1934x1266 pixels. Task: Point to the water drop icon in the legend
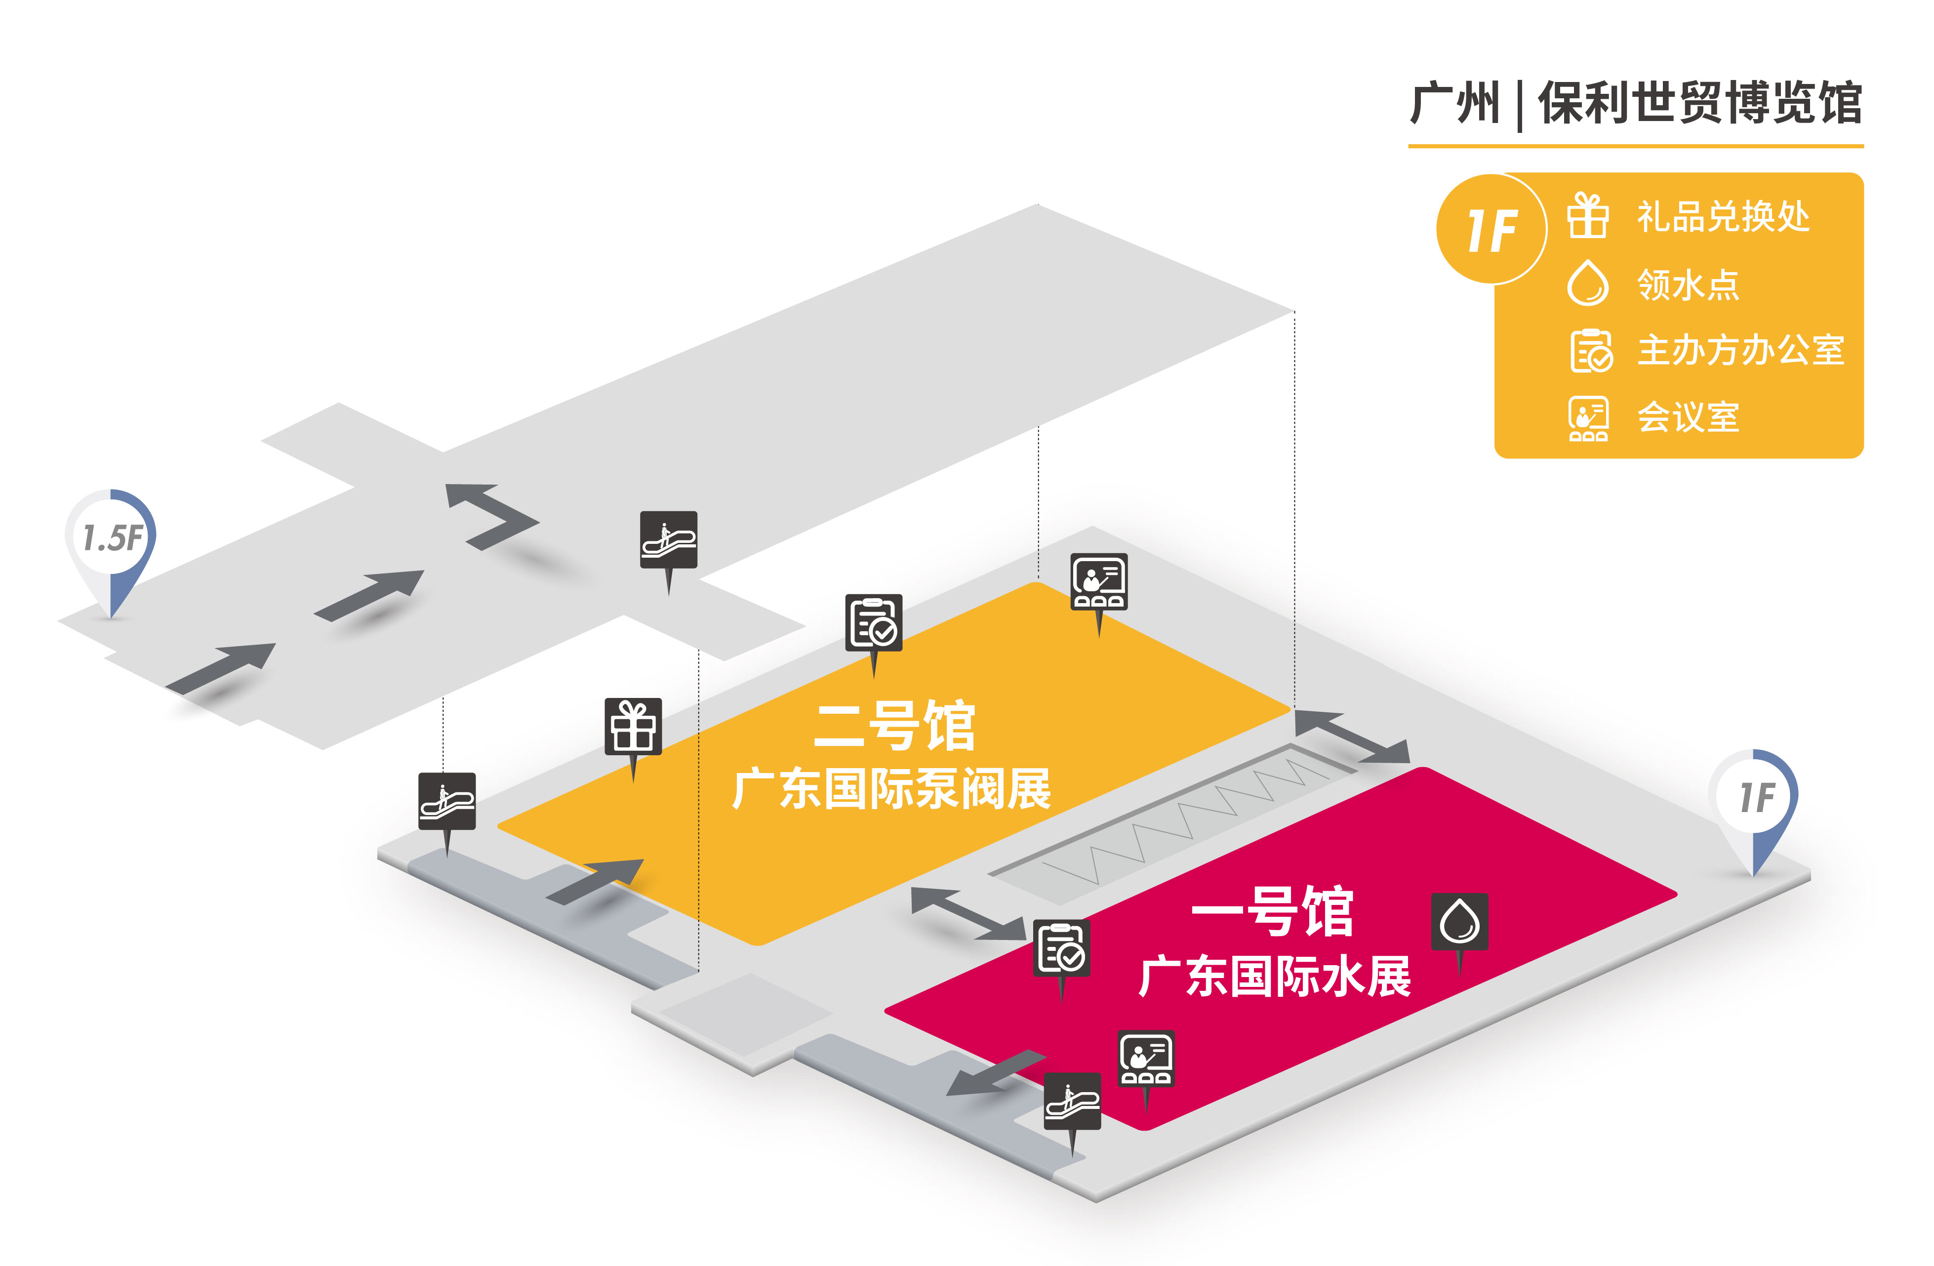[1587, 283]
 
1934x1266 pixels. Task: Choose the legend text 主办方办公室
[1740, 350]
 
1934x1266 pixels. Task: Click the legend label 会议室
[1688, 418]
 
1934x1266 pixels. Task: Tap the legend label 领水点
[1688, 285]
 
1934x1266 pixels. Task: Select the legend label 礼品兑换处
[1723, 217]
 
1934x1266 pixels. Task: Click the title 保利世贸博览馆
[1700, 103]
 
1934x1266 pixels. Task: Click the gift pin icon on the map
[633, 727]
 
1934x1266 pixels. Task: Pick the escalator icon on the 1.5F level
[668, 539]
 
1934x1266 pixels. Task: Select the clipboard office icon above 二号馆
[874, 622]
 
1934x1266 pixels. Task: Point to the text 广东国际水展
[1274, 976]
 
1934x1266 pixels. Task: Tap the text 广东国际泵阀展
[891, 788]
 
